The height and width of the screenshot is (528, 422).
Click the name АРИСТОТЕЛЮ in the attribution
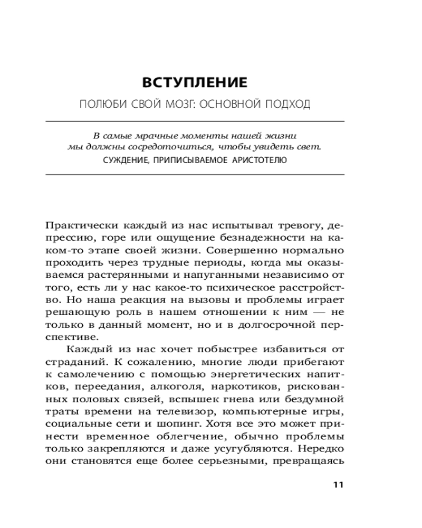click(259, 159)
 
